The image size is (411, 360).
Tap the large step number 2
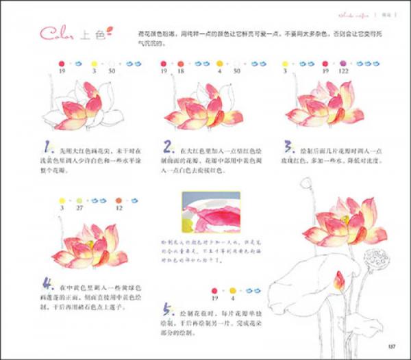coord(167,147)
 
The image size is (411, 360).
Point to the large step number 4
coord(47,282)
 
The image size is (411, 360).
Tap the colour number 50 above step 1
coord(111,70)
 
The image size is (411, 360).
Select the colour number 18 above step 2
coord(183,70)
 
